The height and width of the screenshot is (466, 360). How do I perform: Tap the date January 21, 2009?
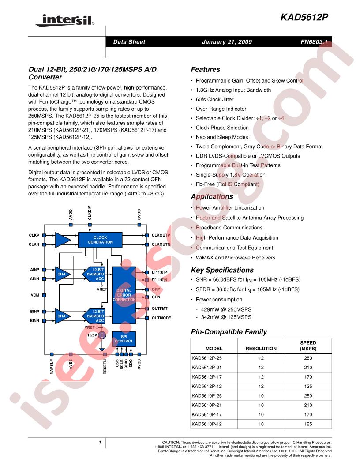pos(227,42)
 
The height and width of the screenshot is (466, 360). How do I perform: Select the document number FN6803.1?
pos(315,42)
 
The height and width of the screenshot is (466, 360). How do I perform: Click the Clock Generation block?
pos(100,240)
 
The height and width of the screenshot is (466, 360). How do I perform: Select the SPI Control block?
pos(124,339)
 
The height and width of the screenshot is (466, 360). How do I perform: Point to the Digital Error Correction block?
pos(124,295)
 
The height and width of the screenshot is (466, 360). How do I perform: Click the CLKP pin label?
pos(34,235)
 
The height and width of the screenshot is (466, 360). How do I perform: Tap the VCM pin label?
pos(35,295)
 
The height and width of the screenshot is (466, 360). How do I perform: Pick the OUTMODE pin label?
pos(161,318)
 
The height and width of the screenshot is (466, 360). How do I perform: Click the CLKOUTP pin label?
pos(161,235)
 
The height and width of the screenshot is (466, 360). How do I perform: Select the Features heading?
pos(205,69)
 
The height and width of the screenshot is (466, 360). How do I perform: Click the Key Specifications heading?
pos(222,270)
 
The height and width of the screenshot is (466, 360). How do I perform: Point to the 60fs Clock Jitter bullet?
pos(214,100)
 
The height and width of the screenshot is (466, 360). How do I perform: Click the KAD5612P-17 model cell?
pos(207,377)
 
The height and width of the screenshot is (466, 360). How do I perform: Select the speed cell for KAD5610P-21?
pos(308,405)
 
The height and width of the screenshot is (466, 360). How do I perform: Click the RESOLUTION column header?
pos(261,348)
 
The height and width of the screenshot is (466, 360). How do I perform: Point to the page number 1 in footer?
pos(101,443)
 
